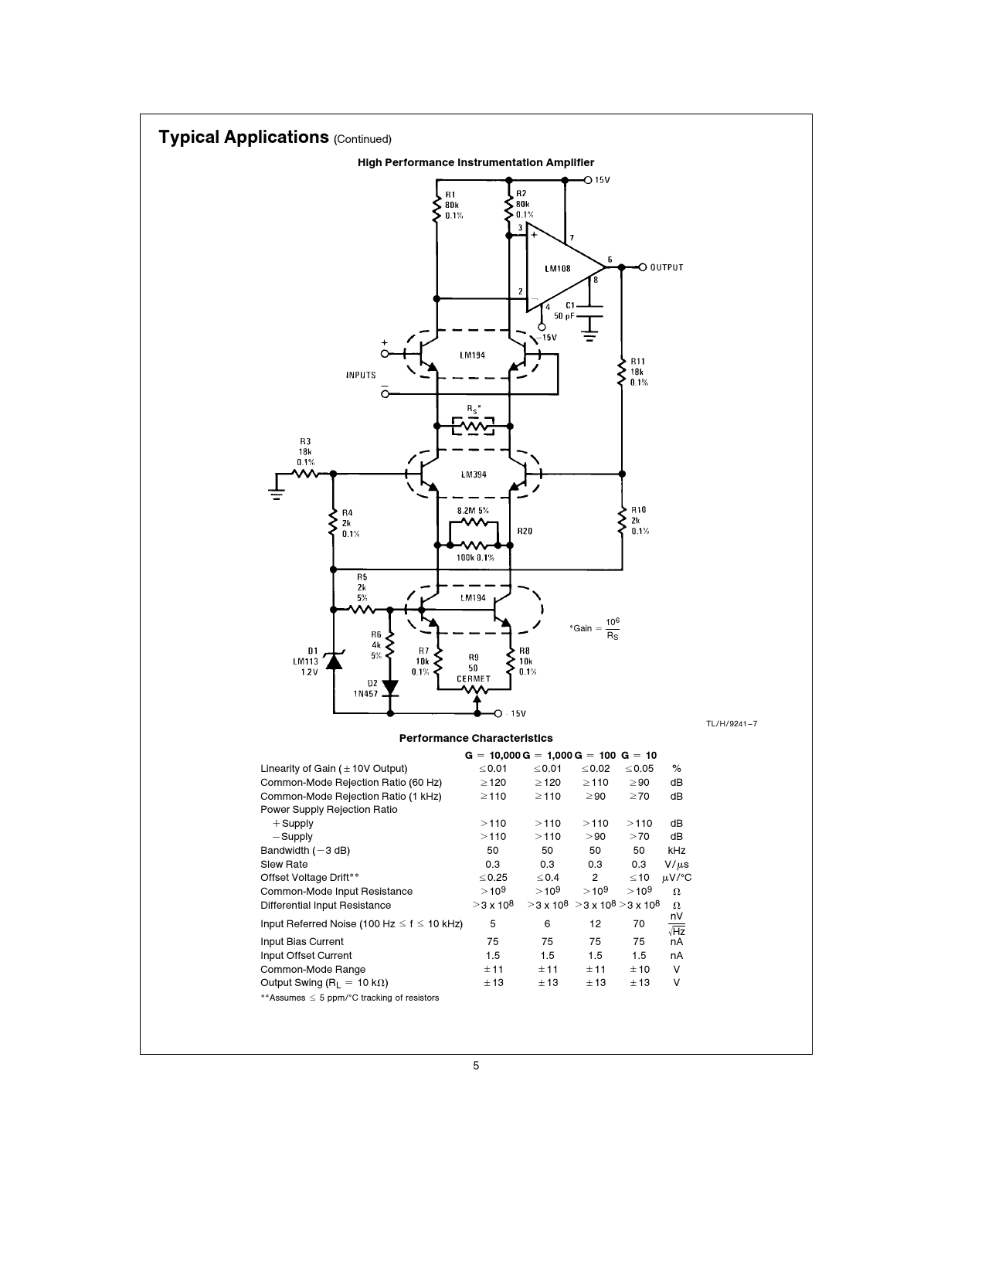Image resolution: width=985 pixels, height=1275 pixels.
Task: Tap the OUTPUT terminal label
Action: pos(666,268)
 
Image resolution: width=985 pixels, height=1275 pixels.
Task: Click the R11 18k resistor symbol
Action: pos(622,371)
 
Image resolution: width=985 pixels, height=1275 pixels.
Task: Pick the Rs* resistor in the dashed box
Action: pos(473,425)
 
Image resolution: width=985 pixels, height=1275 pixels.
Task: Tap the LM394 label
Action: pos(474,474)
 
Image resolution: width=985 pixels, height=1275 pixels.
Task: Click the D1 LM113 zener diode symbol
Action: pos(334,661)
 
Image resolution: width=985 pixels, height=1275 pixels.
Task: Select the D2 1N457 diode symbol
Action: pos(390,686)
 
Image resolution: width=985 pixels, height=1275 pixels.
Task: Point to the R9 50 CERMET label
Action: pos(473,668)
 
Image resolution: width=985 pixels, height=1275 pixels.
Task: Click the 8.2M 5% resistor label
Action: pos(473,511)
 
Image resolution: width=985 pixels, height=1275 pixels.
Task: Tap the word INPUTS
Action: pos(361,376)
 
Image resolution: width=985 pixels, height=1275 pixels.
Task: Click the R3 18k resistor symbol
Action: pos(305,474)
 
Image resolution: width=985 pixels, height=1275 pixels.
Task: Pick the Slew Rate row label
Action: pos(284,864)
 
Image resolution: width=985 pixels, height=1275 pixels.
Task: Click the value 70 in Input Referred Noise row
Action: pos(639,923)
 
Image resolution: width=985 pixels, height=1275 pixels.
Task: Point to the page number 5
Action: pos(476,1066)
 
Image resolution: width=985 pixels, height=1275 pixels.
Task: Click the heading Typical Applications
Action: pos(244,138)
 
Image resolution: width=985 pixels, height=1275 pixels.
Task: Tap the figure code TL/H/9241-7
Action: pos(731,724)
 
